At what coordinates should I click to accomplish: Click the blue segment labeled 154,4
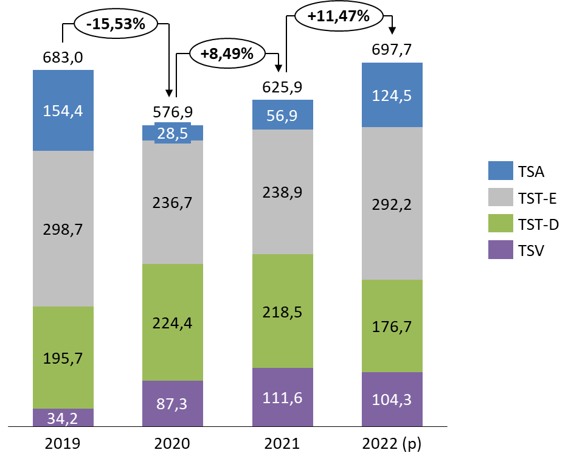63,111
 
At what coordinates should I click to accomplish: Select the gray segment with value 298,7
63,229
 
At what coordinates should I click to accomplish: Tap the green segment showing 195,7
63,358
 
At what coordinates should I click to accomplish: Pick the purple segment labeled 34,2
63,418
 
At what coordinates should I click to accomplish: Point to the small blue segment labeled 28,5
173,133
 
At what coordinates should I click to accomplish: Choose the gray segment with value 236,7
173,202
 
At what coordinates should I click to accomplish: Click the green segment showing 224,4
173,322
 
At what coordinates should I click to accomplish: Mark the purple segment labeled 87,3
173,403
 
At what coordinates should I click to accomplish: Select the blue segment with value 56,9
283,115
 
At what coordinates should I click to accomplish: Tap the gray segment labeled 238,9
283,192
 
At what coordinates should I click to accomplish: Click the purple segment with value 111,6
283,397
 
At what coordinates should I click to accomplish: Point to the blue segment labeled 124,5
392,95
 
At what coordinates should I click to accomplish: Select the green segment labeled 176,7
392,326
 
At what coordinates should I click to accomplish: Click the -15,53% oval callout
116,24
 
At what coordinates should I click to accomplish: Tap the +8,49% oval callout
227,54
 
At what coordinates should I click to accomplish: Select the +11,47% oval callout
339,16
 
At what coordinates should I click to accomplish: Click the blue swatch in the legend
500,171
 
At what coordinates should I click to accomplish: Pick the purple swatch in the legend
500,250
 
